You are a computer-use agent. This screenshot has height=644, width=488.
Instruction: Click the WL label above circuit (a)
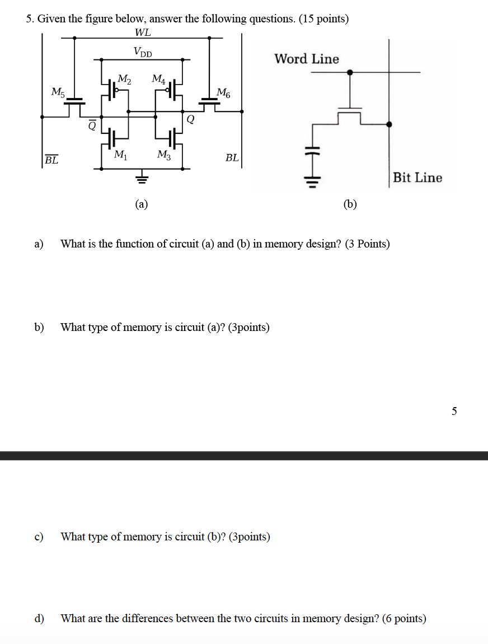click(143, 34)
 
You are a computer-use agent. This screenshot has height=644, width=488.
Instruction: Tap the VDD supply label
click(143, 52)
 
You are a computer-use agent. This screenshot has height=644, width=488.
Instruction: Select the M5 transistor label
click(57, 91)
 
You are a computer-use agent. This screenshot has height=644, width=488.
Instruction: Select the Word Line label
click(306, 59)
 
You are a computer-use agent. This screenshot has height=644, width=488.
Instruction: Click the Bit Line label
click(417, 178)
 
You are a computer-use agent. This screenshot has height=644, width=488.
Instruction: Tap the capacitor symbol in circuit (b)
click(314, 152)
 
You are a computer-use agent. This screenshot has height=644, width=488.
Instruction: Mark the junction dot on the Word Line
click(350, 72)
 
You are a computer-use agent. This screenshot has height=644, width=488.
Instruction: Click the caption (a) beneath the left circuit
click(142, 204)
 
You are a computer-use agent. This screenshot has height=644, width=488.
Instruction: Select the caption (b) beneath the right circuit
click(350, 204)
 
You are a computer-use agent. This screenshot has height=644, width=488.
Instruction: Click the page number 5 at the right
click(454, 412)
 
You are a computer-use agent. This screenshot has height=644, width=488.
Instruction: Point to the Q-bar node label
click(92, 127)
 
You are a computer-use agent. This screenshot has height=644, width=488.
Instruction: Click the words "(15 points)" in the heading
click(324, 19)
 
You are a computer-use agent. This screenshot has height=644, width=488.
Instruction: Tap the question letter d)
click(39, 618)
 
